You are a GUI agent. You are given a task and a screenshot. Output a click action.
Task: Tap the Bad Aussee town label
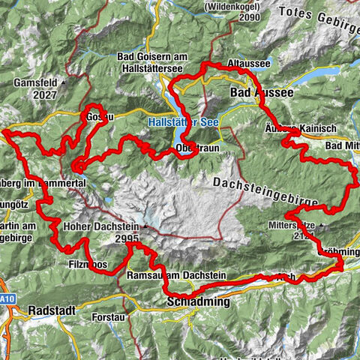tap(256, 91)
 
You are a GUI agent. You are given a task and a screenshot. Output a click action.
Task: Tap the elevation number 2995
tap(127, 238)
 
